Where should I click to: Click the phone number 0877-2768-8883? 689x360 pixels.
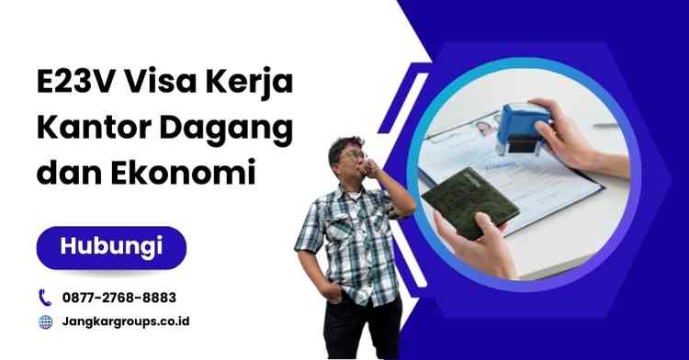click(119, 298)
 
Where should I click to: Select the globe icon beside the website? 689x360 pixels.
click(45, 322)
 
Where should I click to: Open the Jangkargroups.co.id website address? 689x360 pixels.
click(127, 322)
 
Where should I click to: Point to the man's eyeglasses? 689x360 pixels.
click(354, 155)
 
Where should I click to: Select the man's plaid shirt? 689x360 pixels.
click(345, 239)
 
